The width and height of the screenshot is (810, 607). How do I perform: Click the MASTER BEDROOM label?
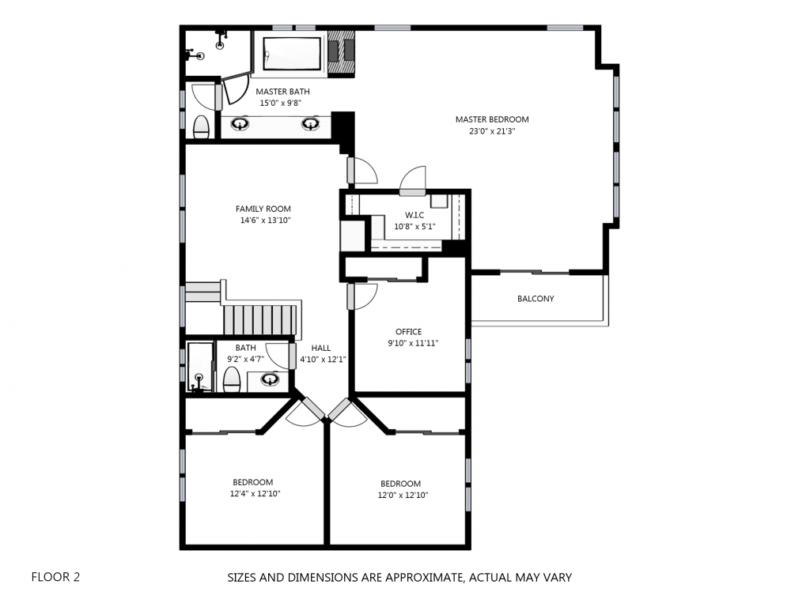[492, 119]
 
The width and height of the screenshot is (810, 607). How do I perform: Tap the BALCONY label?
[536, 298]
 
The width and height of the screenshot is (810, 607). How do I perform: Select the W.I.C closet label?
[414, 215]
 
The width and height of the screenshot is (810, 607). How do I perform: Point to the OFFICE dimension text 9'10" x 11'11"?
[413, 343]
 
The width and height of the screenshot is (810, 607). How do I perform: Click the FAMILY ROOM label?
[263, 209]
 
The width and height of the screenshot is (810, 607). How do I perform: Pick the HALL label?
[321, 348]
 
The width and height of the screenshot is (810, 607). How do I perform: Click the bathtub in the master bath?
[291, 53]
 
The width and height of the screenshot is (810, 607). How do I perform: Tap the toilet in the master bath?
[201, 127]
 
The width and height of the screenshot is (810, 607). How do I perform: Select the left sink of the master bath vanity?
[240, 124]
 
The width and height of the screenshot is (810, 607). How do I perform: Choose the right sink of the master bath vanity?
[310, 124]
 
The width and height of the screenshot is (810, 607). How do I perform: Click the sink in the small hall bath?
[270, 380]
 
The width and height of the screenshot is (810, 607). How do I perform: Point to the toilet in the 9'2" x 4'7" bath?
[232, 380]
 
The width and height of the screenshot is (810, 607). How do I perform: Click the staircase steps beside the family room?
[259, 320]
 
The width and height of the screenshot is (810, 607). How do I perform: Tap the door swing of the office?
[363, 296]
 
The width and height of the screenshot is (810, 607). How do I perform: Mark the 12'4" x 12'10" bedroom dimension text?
[255, 493]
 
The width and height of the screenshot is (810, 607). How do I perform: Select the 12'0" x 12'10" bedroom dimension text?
[403, 495]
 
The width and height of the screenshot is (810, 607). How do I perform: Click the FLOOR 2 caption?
[56, 576]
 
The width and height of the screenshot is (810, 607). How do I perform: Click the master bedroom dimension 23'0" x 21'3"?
[492, 131]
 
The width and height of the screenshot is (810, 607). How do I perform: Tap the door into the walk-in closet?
[413, 181]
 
